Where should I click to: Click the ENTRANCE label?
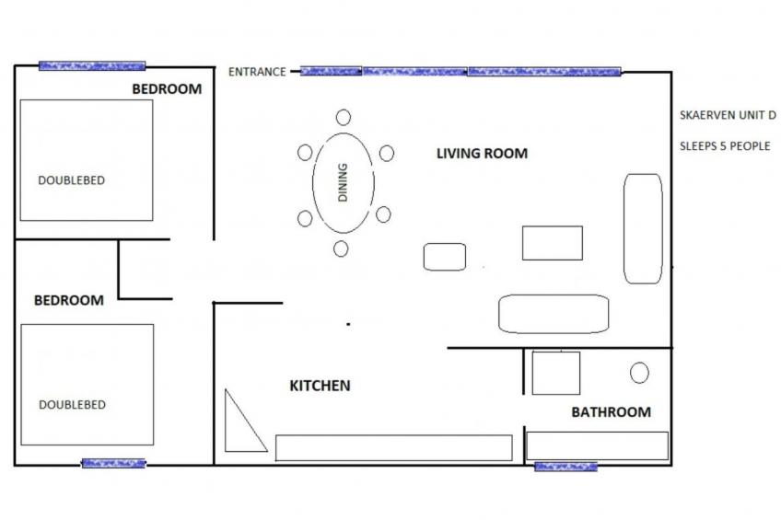point(257,72)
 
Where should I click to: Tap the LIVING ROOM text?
point(482,154)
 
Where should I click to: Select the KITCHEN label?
point(320,386)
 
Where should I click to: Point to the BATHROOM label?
point(611,412)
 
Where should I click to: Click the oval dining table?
point(343,182)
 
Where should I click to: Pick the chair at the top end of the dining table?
point(344,117)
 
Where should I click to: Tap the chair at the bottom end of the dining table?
point(341,248)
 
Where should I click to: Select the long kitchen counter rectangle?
point(393,447)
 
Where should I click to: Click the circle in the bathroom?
point(639,373)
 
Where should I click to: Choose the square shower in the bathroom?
point(555,373)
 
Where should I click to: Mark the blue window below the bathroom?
point(565,467)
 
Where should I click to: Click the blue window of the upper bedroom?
point(92,66)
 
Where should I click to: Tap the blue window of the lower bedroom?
point(113,463)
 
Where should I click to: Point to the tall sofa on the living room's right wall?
point(643,228)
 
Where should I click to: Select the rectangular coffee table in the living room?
point(553,243)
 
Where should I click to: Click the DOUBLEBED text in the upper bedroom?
point(71,181)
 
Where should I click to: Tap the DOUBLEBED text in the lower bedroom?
point(72,405)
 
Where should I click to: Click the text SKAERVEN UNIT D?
point(728,115)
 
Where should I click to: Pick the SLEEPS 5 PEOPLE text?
point(724,145)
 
